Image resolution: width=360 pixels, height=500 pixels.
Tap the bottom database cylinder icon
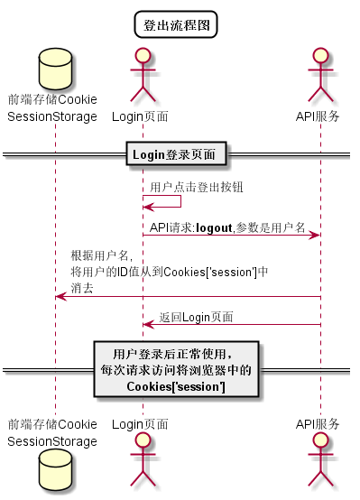coord(52,472)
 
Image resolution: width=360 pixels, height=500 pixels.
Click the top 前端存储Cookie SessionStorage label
coord(52,107)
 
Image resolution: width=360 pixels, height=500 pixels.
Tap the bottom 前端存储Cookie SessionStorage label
coord(52,432)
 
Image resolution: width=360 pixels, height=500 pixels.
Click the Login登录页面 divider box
coord(177,155)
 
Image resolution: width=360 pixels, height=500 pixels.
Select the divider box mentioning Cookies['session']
coord(176,369)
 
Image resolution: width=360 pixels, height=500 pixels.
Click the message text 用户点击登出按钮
coord(196,187)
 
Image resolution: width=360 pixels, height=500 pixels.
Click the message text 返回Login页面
coord(196,317)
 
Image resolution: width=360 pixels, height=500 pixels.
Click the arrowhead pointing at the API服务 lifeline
coord(315,236)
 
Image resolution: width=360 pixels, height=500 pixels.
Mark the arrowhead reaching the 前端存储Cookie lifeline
coord(60,296)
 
